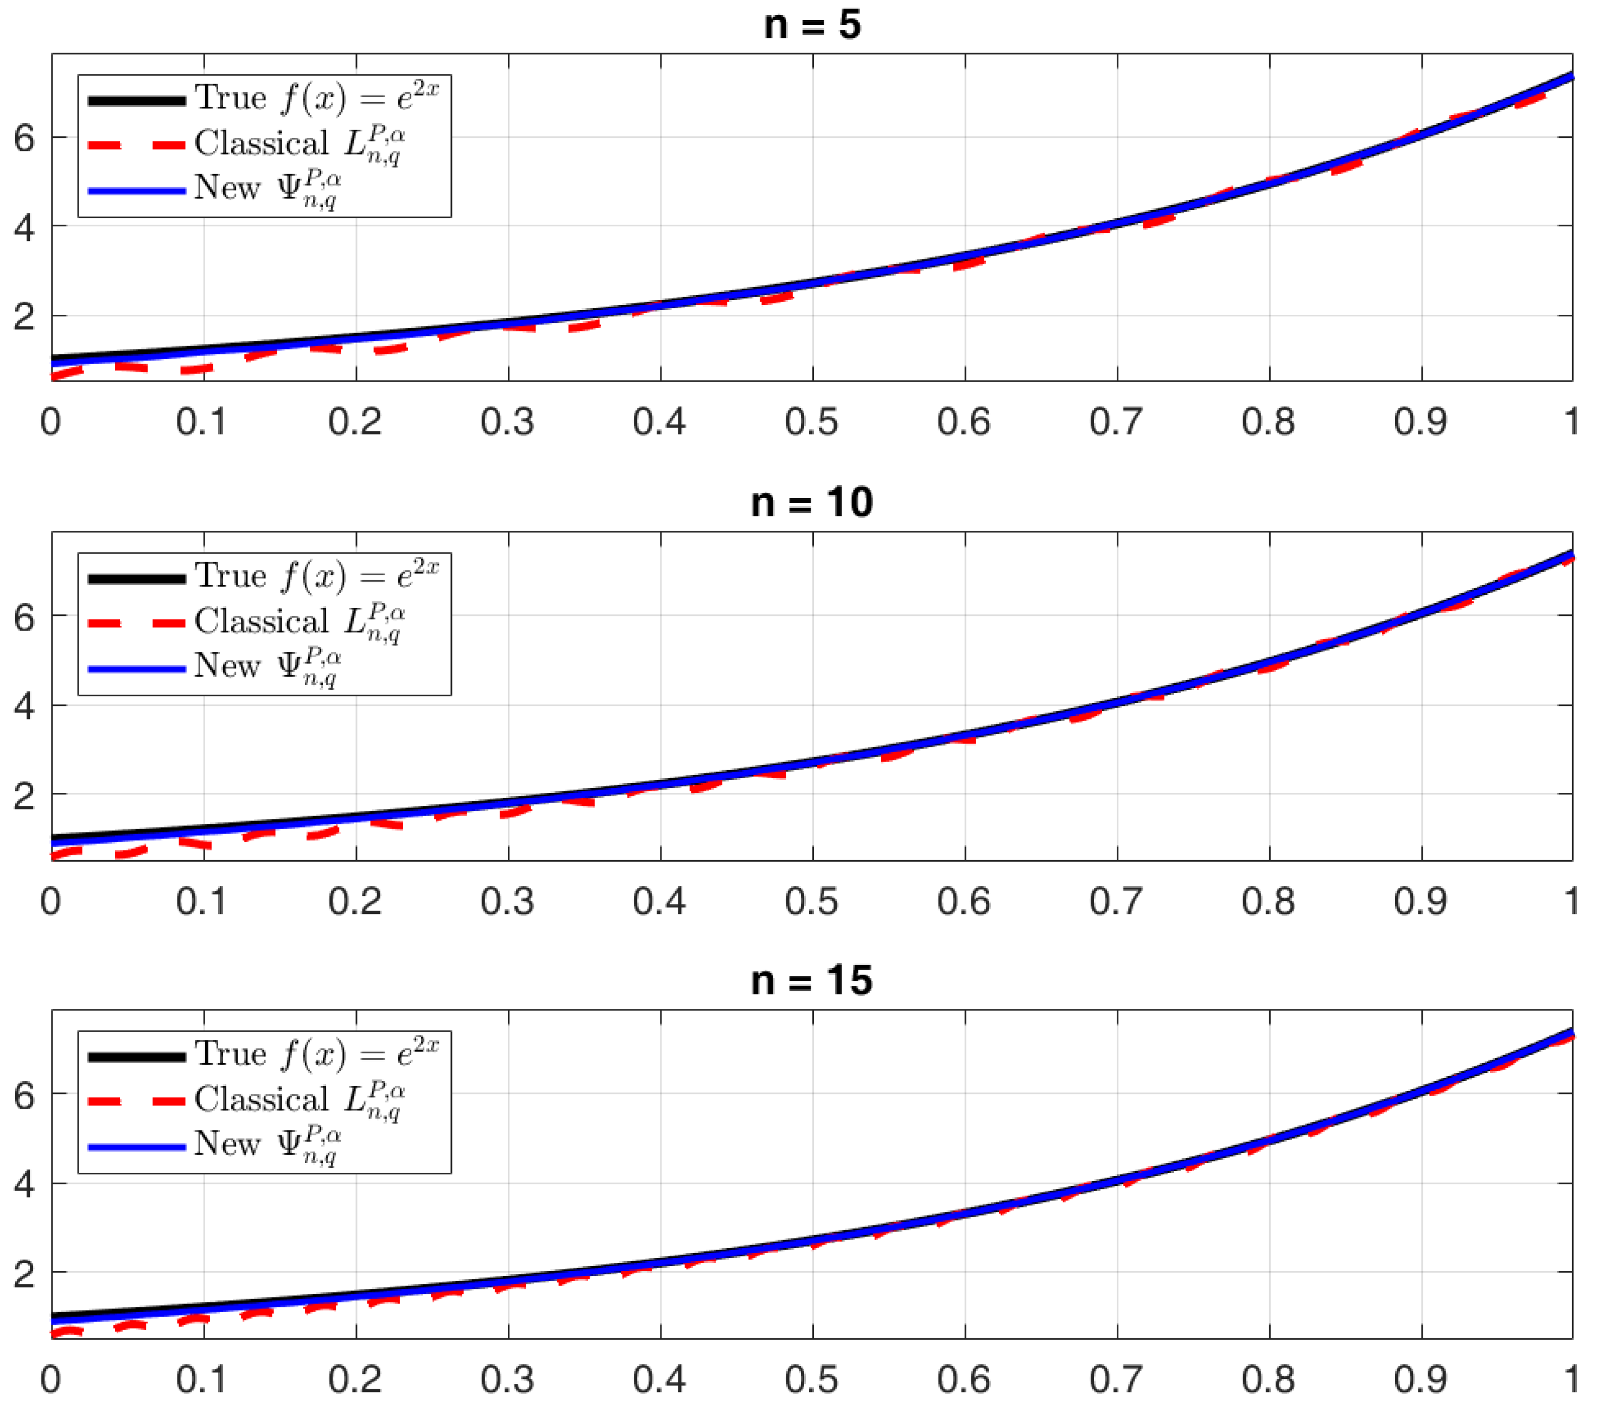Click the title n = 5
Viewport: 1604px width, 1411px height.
tap(812, 25)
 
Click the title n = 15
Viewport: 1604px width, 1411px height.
tap(812, 981)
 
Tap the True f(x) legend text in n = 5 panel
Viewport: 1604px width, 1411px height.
tap(316, 98)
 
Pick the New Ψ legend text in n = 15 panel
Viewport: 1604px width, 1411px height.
tap(267, 1144)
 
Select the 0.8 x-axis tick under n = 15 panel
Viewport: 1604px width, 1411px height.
tap(1268, 1380)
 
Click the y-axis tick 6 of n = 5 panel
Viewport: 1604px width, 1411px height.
tap(24, 139)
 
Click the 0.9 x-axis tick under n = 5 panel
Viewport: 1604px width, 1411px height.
tap(1421, 422)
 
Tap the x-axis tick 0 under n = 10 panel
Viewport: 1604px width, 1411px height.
tap(51, 901)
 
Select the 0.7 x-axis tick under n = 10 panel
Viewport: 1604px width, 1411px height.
tap(1116, 901)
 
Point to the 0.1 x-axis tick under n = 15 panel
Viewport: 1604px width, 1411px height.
tap(202, 1380)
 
